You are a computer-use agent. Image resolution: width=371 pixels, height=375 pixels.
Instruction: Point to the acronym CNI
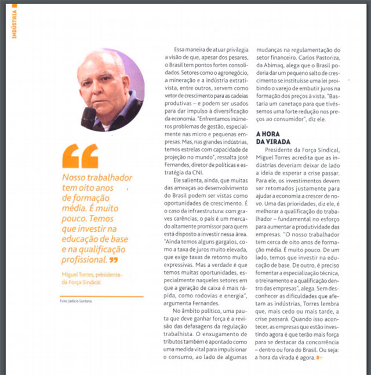198,172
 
